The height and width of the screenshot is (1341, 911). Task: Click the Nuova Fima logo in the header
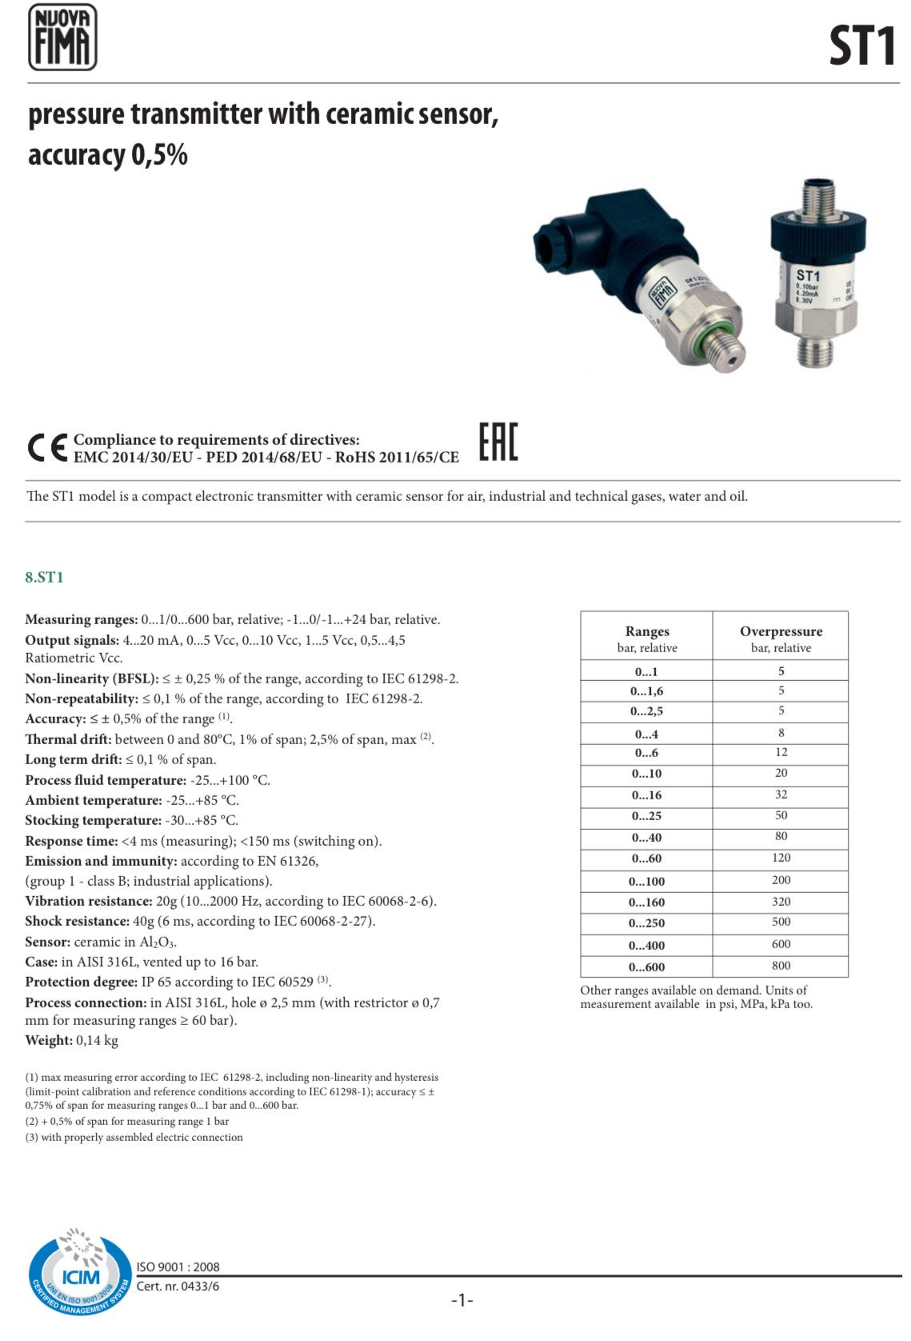pos(62,37)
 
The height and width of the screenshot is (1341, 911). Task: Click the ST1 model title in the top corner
pos(861,46)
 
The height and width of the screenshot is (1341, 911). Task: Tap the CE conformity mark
pos(46,448)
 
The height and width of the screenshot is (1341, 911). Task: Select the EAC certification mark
pos(498,442)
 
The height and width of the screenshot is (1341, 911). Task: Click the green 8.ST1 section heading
pos(44,577)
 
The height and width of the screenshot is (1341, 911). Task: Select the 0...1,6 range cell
pos(646,691)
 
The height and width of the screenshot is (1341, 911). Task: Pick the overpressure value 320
pos(781,902)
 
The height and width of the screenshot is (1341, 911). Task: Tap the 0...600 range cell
pos(646,967)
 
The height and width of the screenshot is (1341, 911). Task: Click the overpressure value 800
pos(781,966)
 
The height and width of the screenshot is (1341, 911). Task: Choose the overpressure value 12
pos(781,752)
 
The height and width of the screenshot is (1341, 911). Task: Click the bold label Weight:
pos(49,1040)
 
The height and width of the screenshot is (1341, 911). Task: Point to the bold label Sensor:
pos(48,942)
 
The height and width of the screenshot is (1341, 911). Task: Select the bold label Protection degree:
pos(82,982)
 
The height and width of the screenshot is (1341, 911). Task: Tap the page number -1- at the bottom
pos(462,1300)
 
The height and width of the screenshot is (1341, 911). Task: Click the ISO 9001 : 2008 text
pos(178,1267)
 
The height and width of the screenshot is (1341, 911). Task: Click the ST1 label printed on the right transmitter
pos(808,274)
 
